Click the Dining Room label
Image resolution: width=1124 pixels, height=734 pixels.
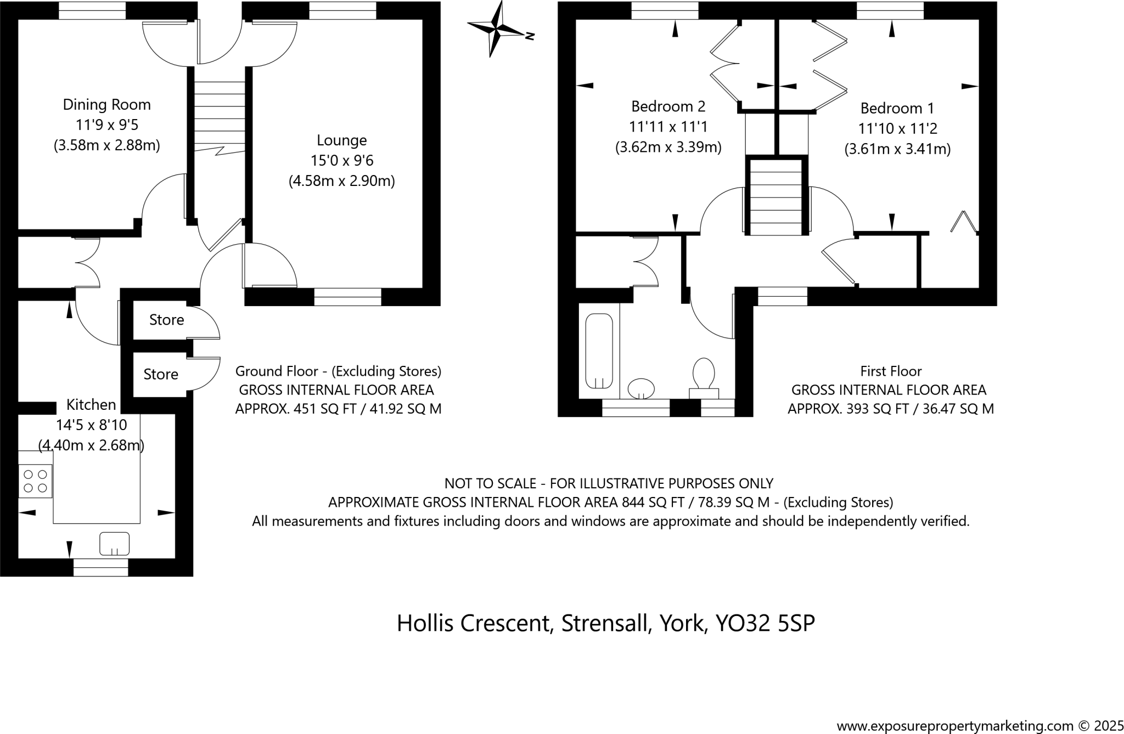coord(106,104)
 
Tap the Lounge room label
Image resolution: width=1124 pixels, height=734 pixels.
coord(341,140)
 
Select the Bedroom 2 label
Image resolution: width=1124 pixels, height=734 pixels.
coord(668,106)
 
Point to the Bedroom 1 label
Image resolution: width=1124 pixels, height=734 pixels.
coord(897,108)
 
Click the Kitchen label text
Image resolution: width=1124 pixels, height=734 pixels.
coord(91,405)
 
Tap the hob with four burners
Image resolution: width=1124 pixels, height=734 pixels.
coord(35,481)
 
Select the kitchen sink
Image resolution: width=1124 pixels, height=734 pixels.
coord(114,544)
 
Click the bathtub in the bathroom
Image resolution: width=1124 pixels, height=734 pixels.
coord(599,351)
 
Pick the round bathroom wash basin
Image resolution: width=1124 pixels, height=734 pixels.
coord(640,388)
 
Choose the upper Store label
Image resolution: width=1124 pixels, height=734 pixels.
coord(166,320)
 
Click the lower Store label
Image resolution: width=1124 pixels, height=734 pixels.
coord(161,374)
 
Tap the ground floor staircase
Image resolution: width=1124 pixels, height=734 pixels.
coord(220,115)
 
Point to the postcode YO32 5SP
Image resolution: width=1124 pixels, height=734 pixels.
coord(765,623)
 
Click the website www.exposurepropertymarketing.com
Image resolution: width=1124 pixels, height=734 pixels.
coord(954,726)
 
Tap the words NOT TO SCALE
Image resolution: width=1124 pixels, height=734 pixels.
coord(490,483)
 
